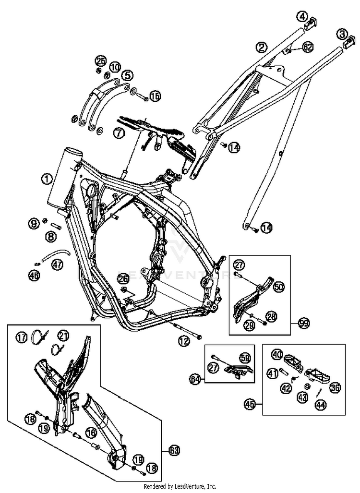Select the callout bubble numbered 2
coord(262,47)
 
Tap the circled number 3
coord(342,34)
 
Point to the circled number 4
coord(303,17)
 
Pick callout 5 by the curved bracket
coord(127,75)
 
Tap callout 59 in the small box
coord(245,357)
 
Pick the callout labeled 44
coord(320,405)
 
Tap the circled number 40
coord(276,355)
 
